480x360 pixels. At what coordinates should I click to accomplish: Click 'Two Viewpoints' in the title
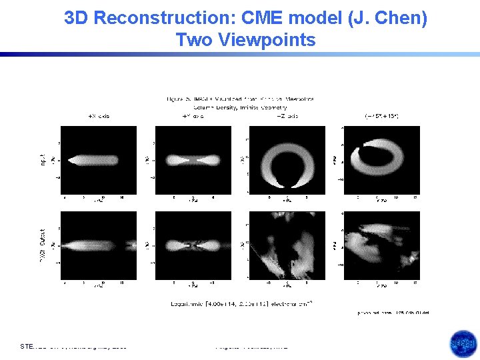pyautogui.click(x=245, y=40)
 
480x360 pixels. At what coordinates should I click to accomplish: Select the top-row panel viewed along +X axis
pyautogui.click(x=99, y=160)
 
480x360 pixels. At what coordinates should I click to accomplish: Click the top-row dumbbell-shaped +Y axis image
pyautogui.click(x=193, y=160)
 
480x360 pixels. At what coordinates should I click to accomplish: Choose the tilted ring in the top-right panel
pyautogui.click(x=381, y=160)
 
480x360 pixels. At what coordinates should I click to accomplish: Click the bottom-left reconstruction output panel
pyautogui.click(x=99, y=245)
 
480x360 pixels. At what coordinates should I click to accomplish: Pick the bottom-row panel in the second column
pyautogui.click(x=193, y=245)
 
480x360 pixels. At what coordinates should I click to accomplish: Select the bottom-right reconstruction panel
pyautogui.click(x=381, y=245)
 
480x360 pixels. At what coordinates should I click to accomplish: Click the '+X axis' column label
pyautogui.click(x=99, y=116)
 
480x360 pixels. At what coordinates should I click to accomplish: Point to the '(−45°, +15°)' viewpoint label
pyautogui.click(x=381, y=116)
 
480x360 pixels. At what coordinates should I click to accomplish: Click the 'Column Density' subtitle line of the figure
pyautogui.click(x=240, y=107)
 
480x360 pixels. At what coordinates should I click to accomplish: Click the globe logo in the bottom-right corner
pyautogui.click(x=463, y=344)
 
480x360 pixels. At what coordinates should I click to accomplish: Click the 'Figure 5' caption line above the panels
pyautogui.click(x=240, y=99)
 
